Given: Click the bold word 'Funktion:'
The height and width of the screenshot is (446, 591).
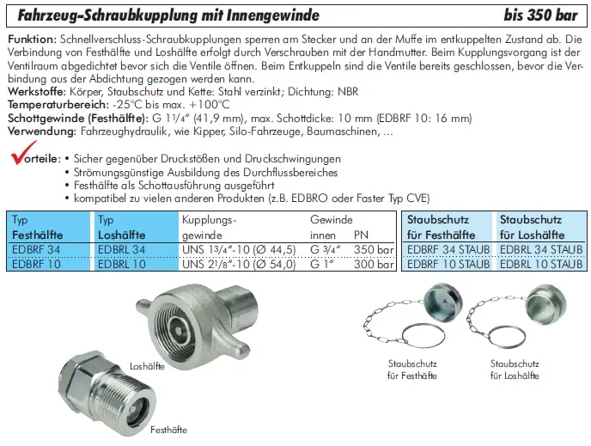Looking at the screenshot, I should [x=32, y=41].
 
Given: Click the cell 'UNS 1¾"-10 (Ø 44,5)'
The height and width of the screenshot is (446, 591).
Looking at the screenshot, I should [x=238, y=249].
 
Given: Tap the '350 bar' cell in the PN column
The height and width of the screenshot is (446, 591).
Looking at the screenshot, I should [x=374, y=249].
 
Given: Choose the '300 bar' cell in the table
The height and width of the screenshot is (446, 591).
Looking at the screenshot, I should [x=374, y=264].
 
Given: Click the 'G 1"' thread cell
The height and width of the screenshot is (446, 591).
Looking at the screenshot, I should [x=324, y=264].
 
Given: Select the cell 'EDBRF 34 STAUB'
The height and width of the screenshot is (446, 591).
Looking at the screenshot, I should [x=448, y=250].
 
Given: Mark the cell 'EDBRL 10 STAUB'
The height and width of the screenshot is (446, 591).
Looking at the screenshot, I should [x=541, y=264].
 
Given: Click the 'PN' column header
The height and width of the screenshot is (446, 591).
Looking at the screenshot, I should [x=362, y=234].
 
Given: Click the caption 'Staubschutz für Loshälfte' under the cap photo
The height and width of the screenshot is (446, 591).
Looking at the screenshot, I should [x=515, y=370].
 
